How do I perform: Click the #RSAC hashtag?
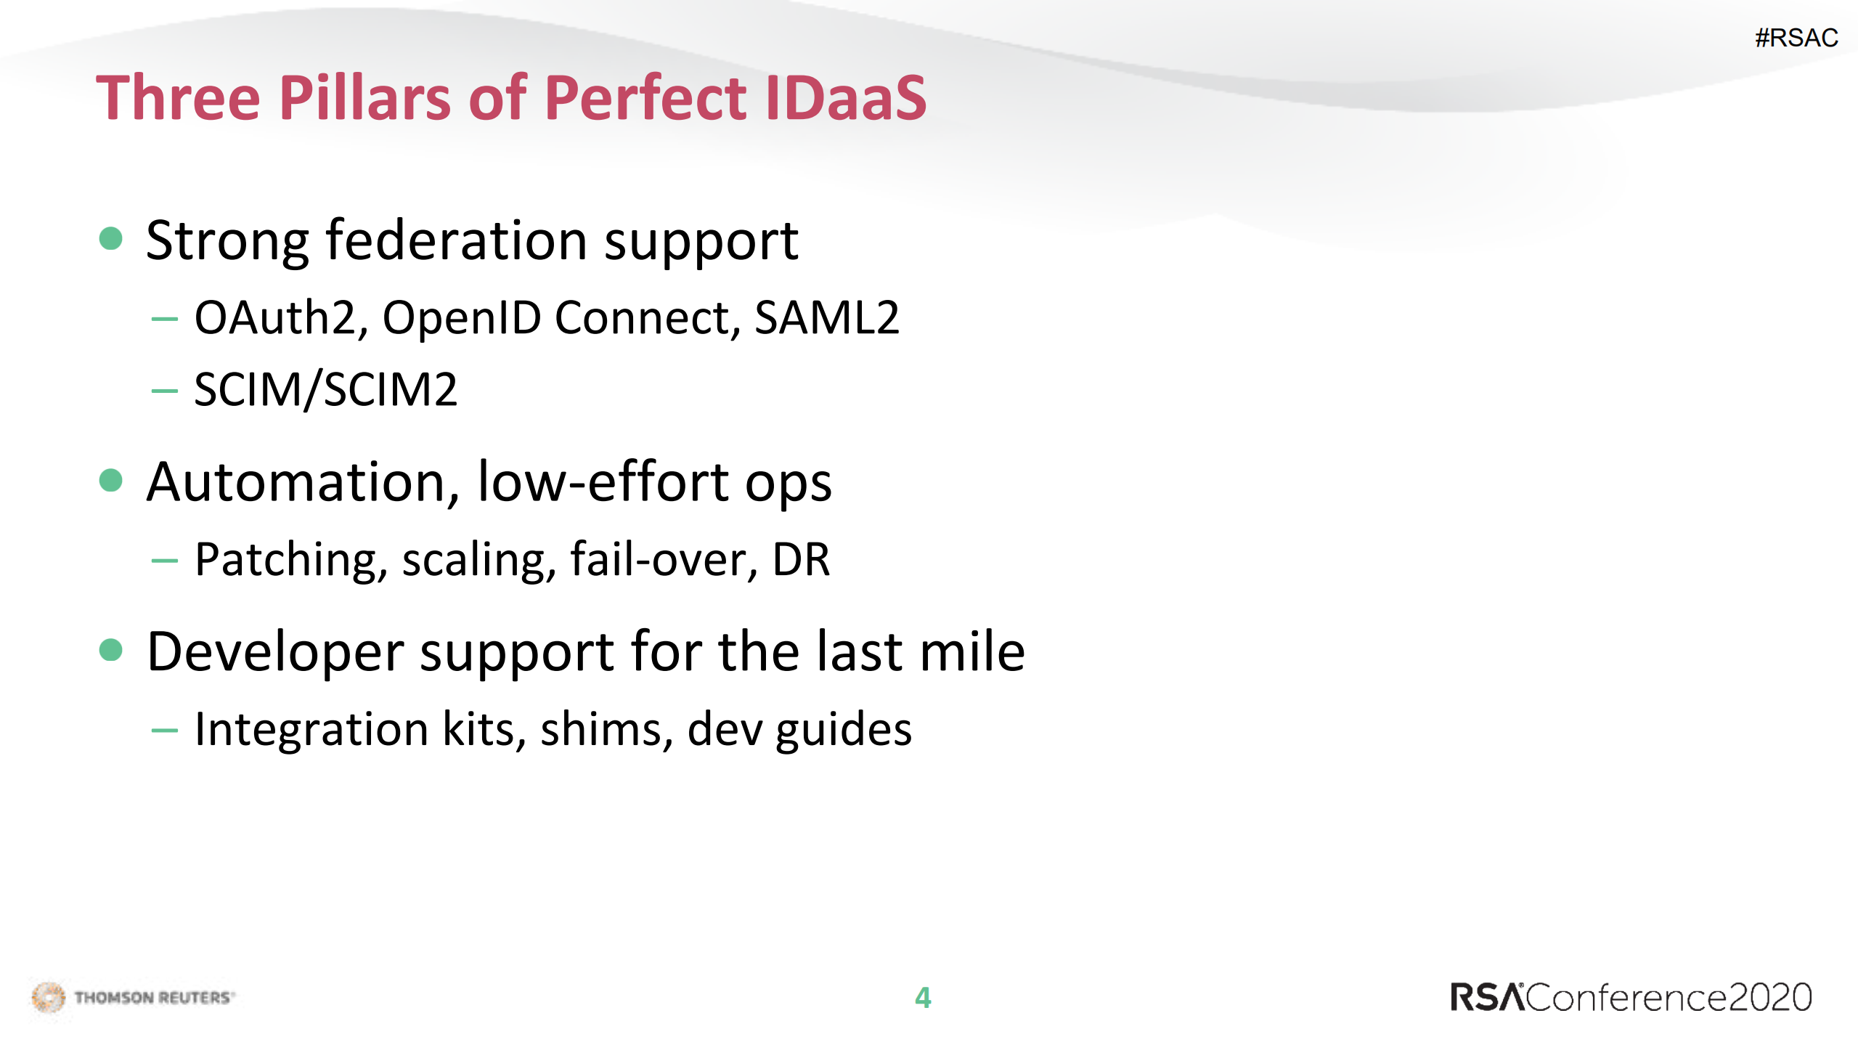(1796, 38)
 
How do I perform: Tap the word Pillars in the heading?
(365, 97)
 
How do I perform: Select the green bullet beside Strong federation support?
(110, 238)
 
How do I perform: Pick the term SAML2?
(827, 317)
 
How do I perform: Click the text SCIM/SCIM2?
(326, 390)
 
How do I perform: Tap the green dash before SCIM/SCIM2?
(164, 391)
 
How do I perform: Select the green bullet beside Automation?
(110, 480)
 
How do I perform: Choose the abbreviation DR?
(801, 560)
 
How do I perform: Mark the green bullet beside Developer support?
(110, 650)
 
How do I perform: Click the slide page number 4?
(923, 998)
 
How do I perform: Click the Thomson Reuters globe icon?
(49, 997)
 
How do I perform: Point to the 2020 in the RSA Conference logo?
(1770, 998)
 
